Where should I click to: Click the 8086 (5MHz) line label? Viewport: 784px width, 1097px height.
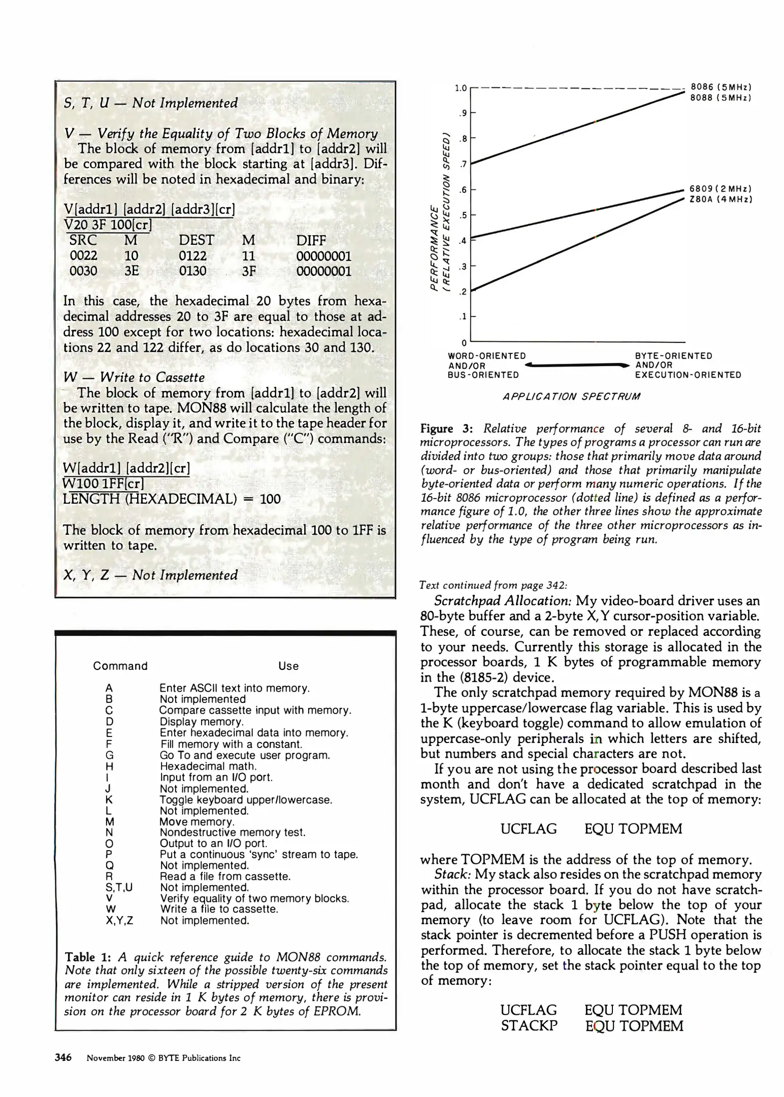click(721, 87)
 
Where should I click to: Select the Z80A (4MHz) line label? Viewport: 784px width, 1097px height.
click(721, 199)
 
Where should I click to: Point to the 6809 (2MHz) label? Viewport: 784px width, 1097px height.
click(721, 188)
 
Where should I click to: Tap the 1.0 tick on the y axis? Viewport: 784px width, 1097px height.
click(460, 88)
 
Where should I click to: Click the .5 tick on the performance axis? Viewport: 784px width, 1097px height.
click(463, 215)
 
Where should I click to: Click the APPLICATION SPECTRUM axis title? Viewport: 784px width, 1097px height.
click(571, 396)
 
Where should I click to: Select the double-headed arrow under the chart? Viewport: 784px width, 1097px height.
click(577, 365)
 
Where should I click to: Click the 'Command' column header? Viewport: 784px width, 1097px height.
click(120, 666)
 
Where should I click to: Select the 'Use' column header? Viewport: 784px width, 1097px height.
click(288, 666)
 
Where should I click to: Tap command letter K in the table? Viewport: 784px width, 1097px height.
click(109, 800)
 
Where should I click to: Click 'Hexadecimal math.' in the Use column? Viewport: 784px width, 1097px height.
click(208, 766)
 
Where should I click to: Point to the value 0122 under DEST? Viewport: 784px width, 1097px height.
click(193, 256)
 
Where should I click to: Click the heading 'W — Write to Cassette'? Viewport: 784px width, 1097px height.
click(134, 377)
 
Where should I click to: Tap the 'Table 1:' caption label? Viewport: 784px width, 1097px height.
click(88, 957)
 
